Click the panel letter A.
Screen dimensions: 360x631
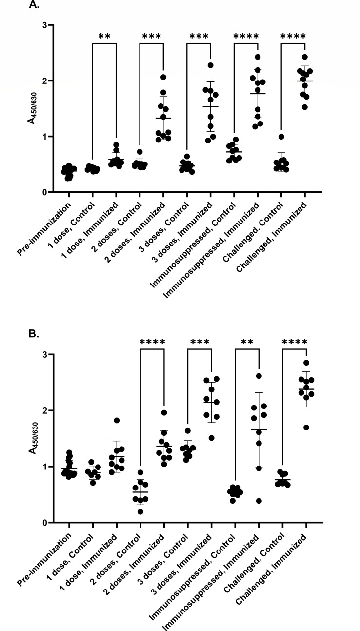[x=34, y=5]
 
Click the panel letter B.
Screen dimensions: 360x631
[x=34, y=334]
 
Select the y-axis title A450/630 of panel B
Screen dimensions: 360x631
[x=32, y=438]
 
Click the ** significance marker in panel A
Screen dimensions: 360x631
[x=104, y=36]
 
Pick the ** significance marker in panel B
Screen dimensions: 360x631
[x=247, y=342]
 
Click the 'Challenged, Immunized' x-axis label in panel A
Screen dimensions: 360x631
[x=271, y=238]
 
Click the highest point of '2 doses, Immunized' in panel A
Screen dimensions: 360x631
[x=163, y=77]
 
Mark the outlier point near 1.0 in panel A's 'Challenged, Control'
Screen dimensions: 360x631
[x=281, y=137]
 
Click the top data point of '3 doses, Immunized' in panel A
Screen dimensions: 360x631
[x=211, y=65]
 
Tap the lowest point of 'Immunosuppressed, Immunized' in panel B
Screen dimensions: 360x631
[x=259, y=501]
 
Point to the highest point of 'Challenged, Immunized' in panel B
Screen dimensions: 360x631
[x=306, y=363]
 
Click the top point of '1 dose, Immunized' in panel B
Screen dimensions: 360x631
[x=117, y=420]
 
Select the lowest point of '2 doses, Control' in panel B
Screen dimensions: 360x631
[x=140, y=511]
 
